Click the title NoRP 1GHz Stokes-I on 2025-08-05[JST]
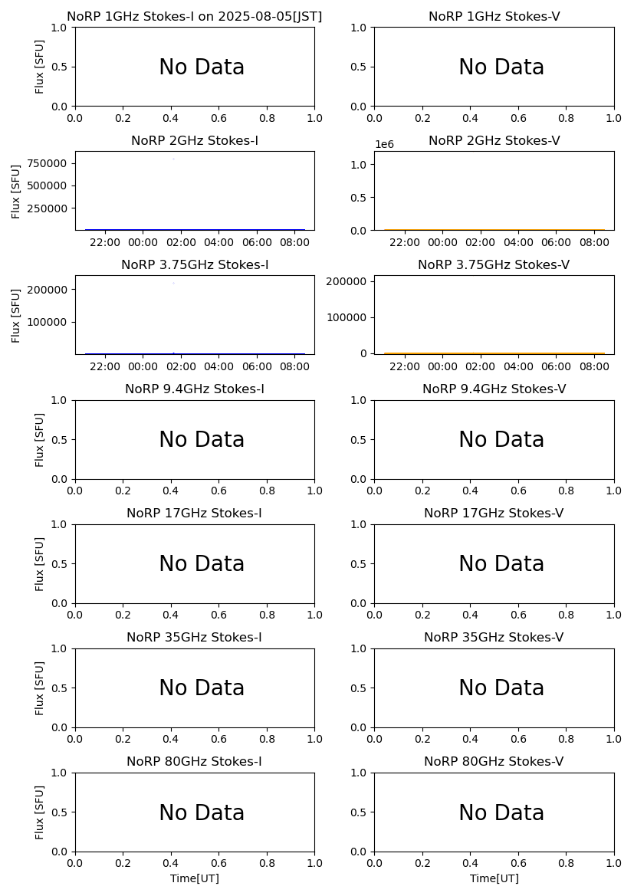coord(194,16)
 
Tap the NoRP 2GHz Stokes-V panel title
coord(494,140)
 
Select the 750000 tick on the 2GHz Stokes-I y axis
coord(47,163)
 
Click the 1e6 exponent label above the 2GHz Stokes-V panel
coord(384,144)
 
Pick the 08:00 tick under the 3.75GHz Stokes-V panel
coord(593,366)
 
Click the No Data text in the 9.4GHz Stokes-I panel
coord(202,440)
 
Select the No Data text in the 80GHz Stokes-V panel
coord(501,813)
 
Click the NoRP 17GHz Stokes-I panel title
coord(194,513)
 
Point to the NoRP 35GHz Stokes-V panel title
coord(494,637)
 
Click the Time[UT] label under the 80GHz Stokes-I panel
coord(194,878)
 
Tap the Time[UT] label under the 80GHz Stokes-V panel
coord(494,878)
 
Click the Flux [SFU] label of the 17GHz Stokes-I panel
coord(40,563)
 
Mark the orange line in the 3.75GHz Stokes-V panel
coord(494,353)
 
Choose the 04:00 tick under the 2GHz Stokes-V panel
coord(518,242)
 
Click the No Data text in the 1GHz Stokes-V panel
coord(501,67)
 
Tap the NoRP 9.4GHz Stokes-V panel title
coord(494,389)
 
